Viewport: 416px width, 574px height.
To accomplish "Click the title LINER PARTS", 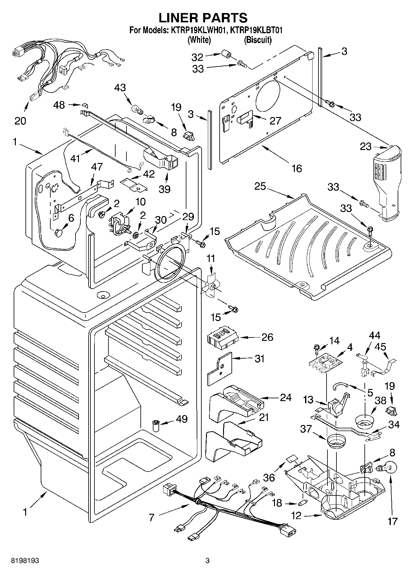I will coord(203,18).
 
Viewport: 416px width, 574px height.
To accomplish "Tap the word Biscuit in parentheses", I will coord(258,40).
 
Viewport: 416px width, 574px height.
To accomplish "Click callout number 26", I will coord(267,337).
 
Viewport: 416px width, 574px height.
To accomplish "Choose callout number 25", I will coord(260,186).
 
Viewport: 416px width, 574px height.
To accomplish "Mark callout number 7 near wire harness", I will coord(151,518).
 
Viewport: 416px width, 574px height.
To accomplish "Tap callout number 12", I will coord(296,516).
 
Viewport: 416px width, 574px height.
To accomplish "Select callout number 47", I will coord(97,167).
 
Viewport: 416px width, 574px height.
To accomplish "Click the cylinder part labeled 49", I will coord(156,425).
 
